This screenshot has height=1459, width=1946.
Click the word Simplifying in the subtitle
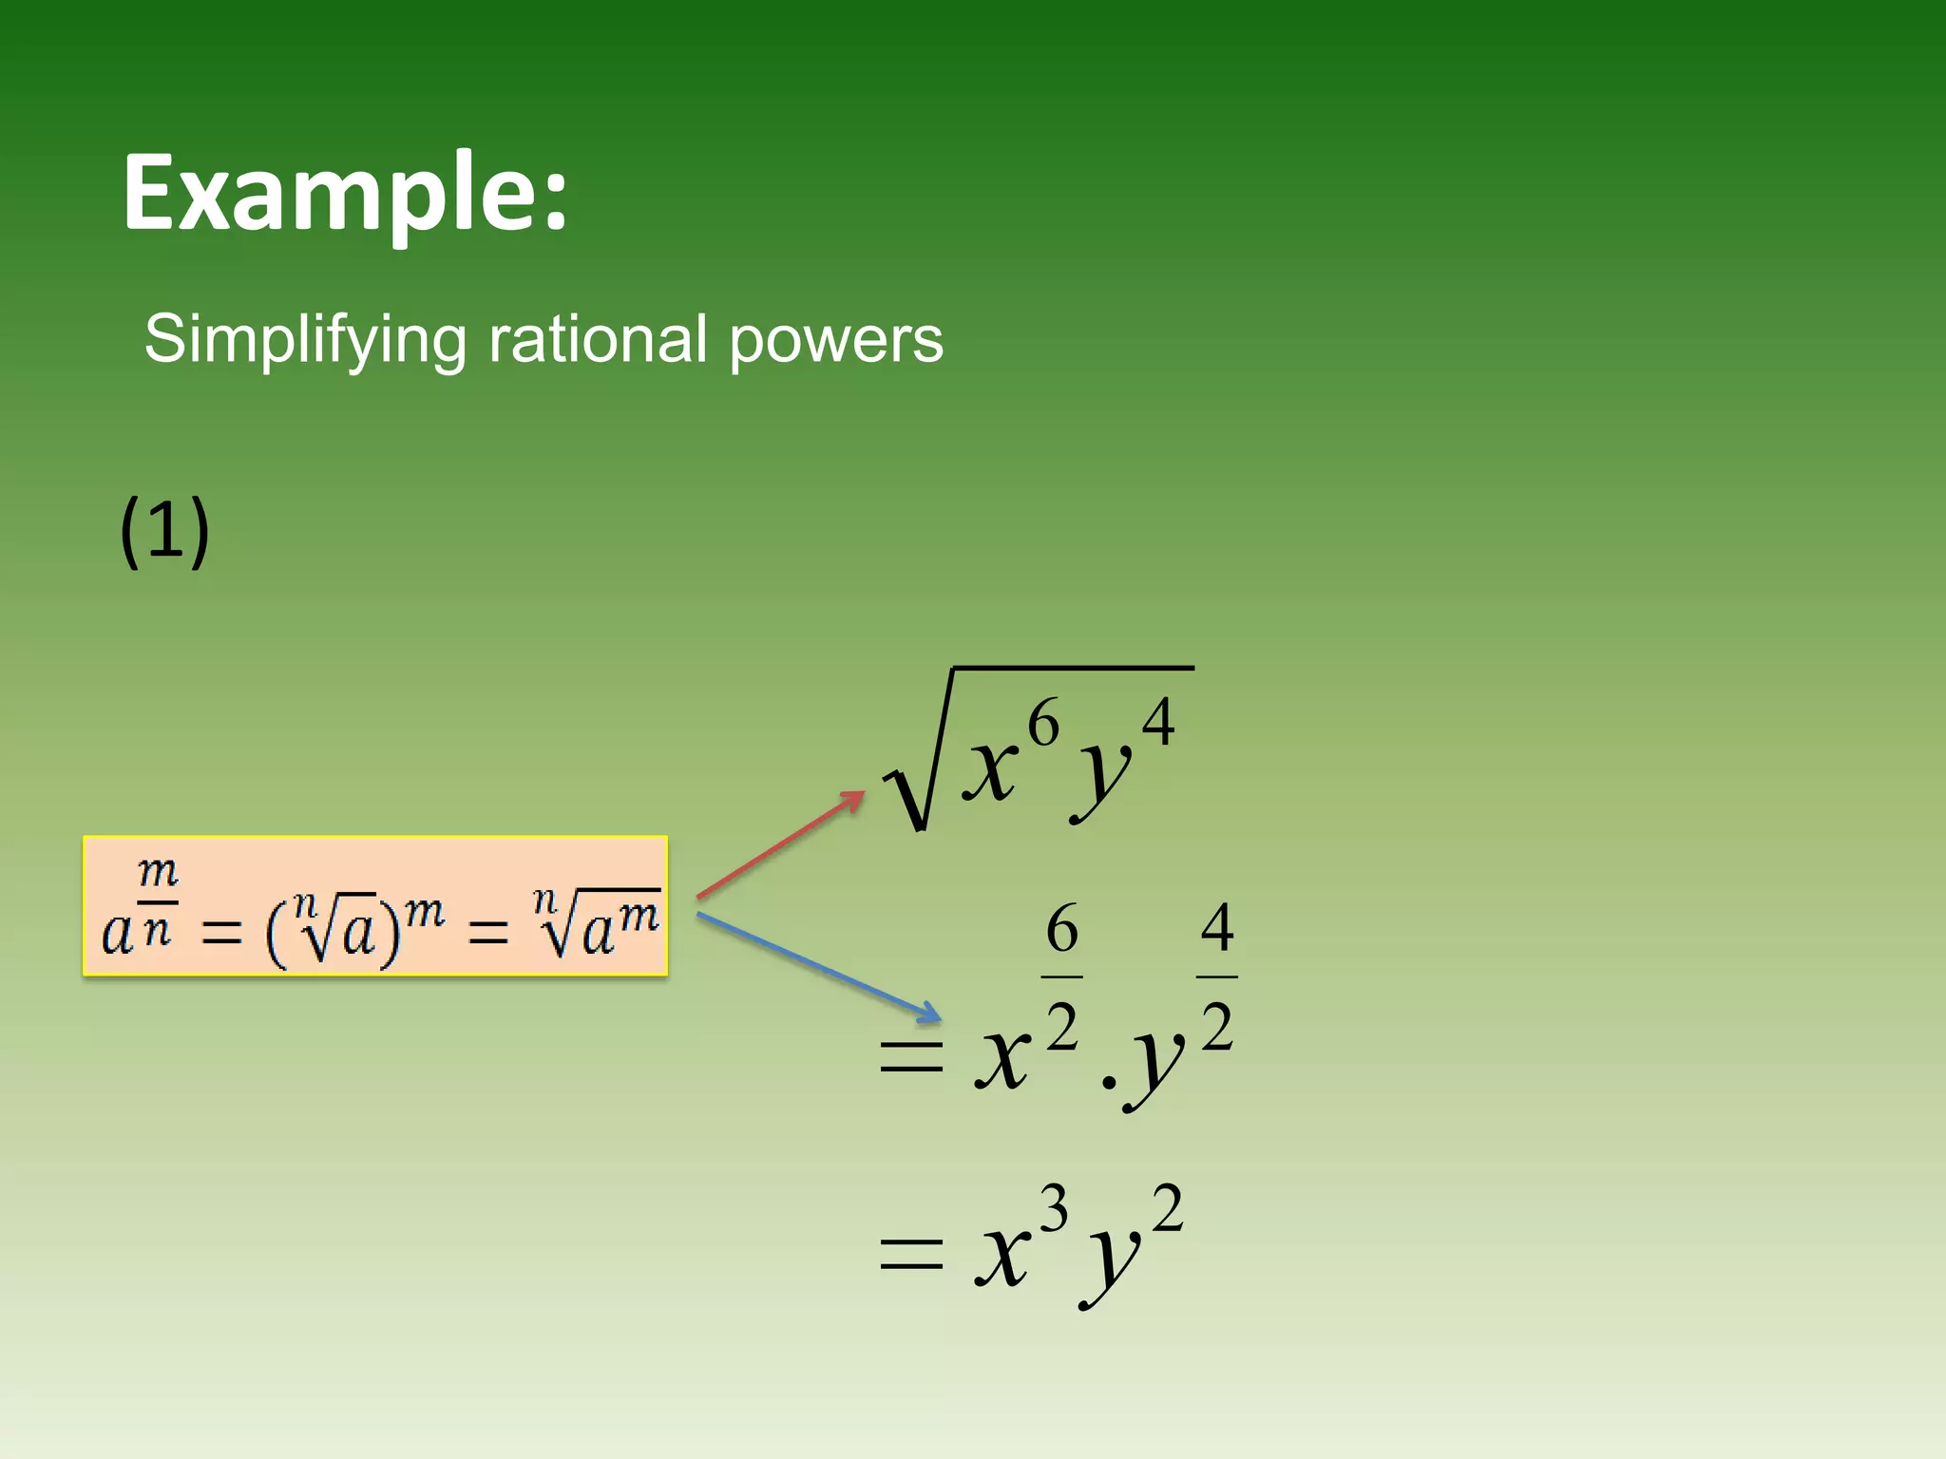click(x=305, y=340)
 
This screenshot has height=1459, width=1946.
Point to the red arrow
click(x=780, y=844)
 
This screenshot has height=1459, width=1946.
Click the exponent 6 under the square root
click(x=1043, y=724)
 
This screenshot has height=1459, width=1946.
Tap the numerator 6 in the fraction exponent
click(x=1061, y=929)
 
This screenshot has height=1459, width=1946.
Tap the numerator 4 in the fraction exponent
click(x=1216, y=928)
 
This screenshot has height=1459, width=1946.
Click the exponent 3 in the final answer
click(x=1053, y=1209)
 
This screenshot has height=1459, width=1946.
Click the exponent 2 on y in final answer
click(x=1167, y=1209)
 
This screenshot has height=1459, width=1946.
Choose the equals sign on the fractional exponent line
click(x=911, y=1056)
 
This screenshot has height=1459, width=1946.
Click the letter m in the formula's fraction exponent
click(x=158, y=870)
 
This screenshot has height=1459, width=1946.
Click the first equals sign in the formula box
click(x=221, y=934)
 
